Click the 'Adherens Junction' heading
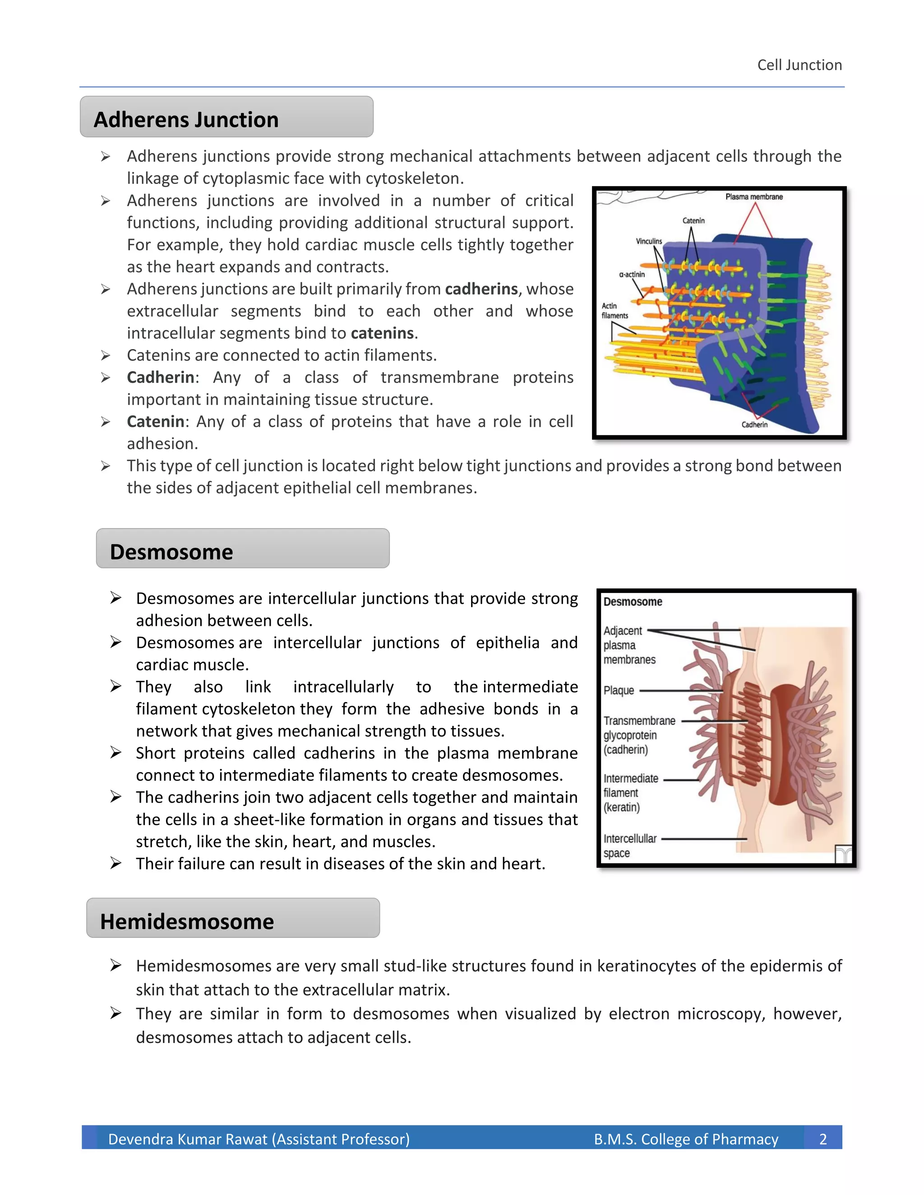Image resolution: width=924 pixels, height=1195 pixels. tap(186, 120)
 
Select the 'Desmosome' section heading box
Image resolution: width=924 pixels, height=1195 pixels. tap(242, 549)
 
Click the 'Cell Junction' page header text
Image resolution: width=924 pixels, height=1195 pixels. tap(799, 65)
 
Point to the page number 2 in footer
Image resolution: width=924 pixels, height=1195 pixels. tap(823, 1139)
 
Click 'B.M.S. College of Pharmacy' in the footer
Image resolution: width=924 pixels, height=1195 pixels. tap(686, 1139)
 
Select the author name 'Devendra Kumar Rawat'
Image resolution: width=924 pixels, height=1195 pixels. tap(189, 1139)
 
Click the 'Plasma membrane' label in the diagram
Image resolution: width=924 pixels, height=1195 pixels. tap(754, 197)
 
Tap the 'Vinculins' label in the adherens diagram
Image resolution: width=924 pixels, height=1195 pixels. tap(649, 241)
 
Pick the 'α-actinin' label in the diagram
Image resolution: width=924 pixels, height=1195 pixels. tap(632, 275)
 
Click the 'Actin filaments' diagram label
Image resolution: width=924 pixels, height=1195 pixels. tap(615, 311)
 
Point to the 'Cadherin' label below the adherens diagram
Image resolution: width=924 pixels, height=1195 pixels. tap(754, 425)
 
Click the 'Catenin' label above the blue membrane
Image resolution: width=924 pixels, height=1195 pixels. tap(693, 221)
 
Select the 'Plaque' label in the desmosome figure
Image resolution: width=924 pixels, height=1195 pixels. tap(619, 690)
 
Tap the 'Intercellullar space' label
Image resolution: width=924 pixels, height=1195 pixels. tap(629, 846)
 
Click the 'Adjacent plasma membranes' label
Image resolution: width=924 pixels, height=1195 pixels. tap(629, 646)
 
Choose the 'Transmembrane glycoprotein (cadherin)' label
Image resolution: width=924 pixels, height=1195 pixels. tap(639, 735)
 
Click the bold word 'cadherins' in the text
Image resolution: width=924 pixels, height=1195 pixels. tap(481, 289)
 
